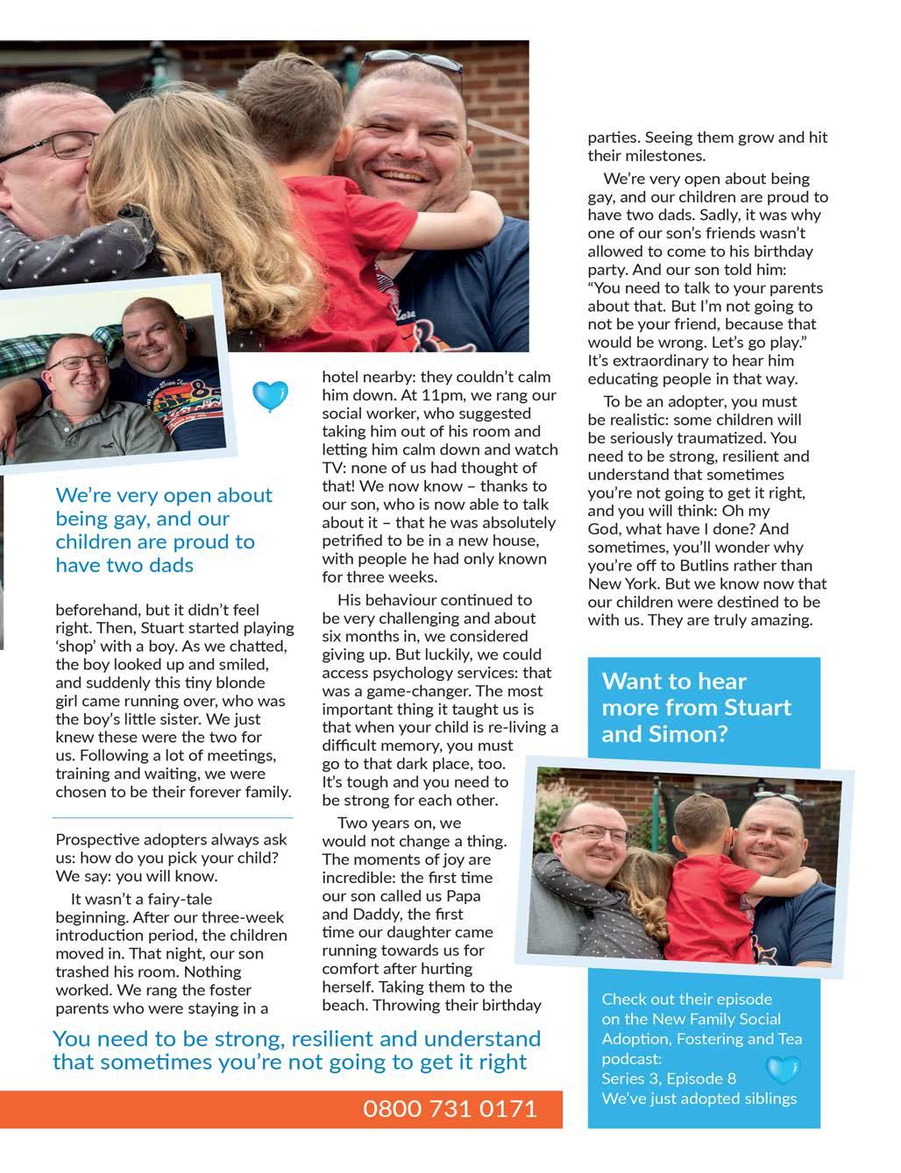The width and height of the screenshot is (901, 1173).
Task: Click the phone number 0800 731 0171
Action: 450,1109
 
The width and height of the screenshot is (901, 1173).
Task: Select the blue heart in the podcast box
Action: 783,1070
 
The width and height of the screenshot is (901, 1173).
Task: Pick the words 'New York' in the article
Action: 620,584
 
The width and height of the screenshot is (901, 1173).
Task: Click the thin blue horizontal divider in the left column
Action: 173,817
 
